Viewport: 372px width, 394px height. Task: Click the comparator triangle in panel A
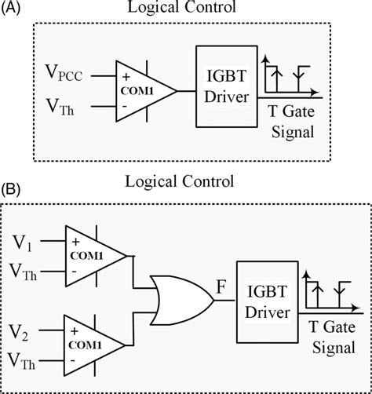[143, 92]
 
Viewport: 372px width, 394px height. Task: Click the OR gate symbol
[183, 298]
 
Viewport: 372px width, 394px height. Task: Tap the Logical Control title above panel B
[180, 183]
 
